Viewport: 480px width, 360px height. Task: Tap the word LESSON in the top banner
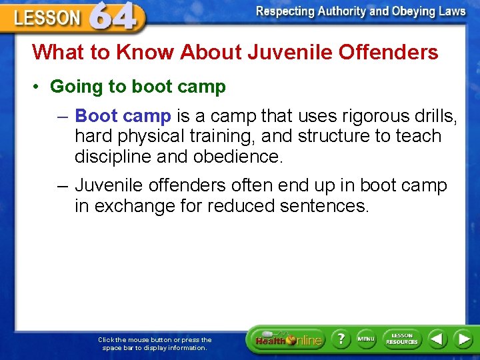[47, 18]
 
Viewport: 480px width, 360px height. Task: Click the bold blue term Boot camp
[123, 116]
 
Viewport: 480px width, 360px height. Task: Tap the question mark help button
[341, 339]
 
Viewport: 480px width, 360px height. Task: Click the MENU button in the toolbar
[366, 339]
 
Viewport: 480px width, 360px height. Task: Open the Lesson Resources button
[401, 339]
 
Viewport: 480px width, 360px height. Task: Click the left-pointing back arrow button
[437, 339]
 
